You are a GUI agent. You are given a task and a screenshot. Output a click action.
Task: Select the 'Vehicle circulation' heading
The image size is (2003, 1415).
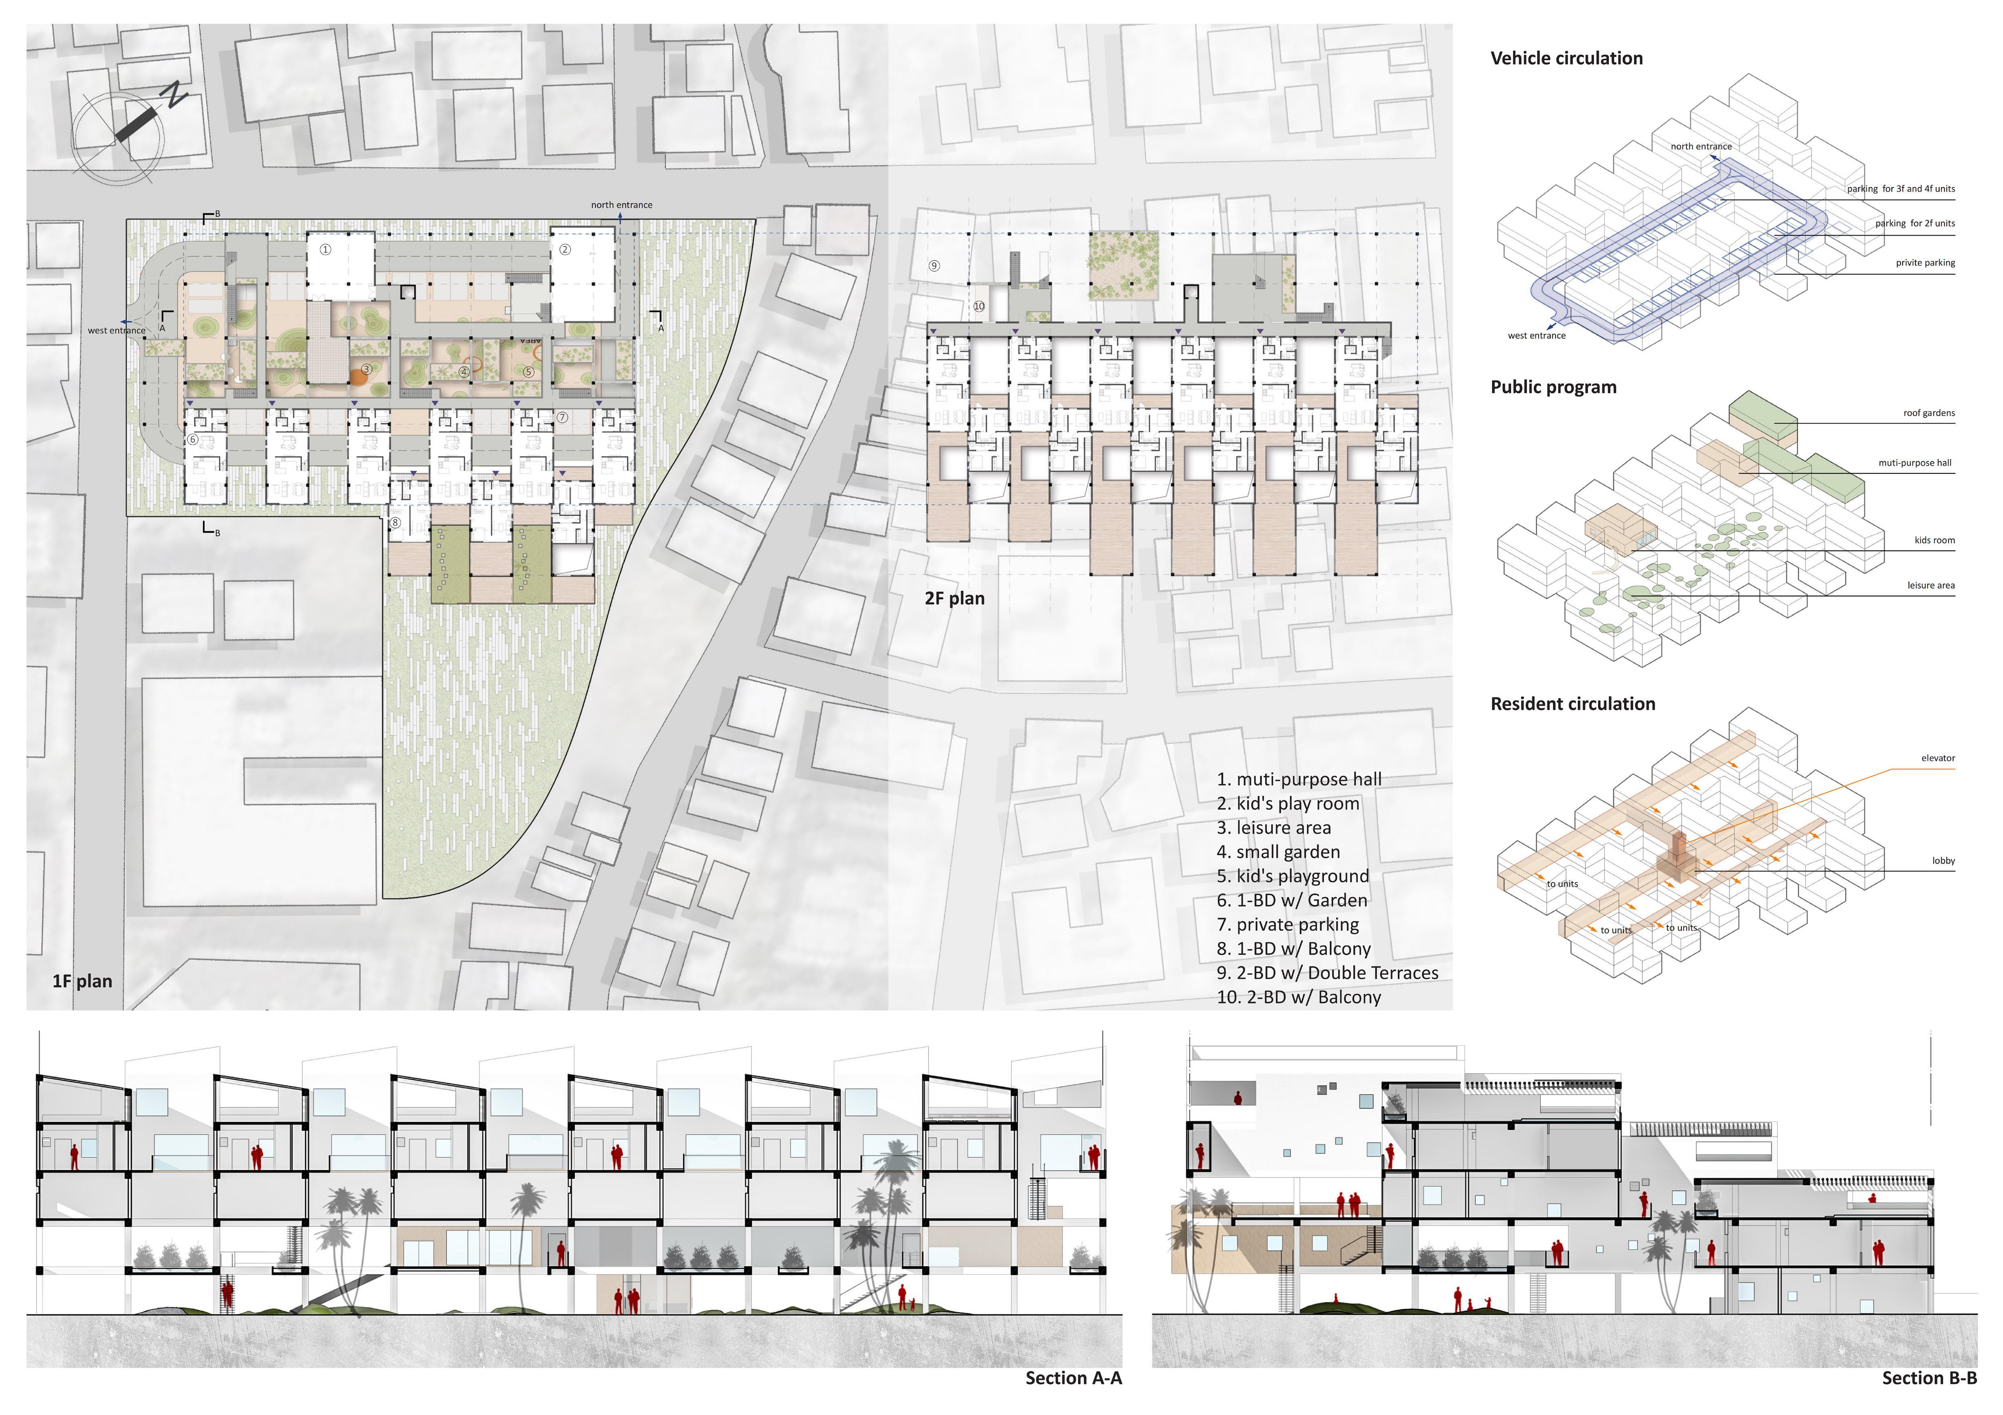[x=1566, y=59]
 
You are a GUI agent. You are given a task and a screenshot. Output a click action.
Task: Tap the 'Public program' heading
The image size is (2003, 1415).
[x=1553, y=387]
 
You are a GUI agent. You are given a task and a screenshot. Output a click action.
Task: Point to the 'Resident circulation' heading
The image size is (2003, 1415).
[x=1572, y=704]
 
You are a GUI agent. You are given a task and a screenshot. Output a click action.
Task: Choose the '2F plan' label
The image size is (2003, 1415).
[x=954, y=598]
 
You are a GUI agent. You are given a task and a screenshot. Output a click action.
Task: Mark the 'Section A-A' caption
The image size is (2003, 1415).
[x=1073, y=1378]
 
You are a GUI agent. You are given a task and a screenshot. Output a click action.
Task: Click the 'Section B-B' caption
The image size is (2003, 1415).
[x=1929, y=1378]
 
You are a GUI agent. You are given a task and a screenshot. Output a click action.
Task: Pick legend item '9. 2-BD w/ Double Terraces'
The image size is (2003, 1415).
[x=1327, y=973]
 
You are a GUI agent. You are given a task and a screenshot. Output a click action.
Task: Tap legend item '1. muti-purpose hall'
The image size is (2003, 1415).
[x=1299, y=779]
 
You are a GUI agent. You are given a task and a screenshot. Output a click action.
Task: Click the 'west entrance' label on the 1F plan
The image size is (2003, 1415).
[x=116, y=331]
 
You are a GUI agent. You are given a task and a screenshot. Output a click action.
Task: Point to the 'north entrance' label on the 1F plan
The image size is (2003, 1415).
[x=621, y=205]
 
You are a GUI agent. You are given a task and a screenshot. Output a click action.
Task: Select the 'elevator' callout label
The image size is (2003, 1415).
[x=1938, y=758]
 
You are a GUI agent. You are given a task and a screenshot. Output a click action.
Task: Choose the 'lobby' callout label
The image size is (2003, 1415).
[x=1943, y=861]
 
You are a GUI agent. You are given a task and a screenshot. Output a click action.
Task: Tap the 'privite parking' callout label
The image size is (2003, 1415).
[x=1925, y=262]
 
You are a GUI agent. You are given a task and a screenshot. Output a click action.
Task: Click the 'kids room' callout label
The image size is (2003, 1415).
[x=1934, y=541]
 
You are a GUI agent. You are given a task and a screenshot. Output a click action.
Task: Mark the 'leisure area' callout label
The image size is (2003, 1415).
[x=1931, y=586]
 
